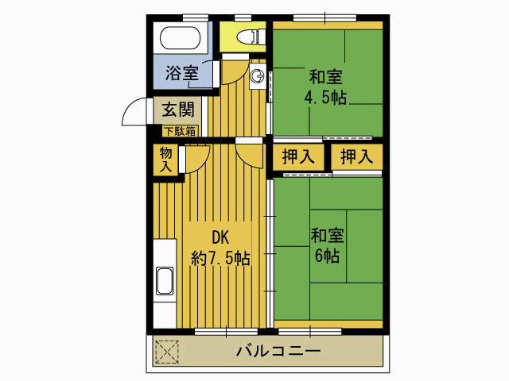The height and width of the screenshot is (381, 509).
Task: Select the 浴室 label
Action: tap(182, 74)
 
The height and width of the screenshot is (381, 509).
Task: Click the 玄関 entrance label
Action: tap(177, 110)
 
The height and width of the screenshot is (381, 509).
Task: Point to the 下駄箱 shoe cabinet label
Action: tap(180, 130)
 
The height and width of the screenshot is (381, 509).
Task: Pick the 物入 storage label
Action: tap(165, 160)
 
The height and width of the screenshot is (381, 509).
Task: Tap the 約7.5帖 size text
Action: tap(220, 258)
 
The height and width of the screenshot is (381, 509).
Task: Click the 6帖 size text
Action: tap(327, 256)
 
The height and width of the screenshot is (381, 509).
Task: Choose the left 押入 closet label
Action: tap(298, 157)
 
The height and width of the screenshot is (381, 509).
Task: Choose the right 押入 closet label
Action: tap(356, 157)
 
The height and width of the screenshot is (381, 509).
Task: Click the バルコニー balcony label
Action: tap(278, 351)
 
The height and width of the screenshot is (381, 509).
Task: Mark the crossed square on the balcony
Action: tap(168, 351)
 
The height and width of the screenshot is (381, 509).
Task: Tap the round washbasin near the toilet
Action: tap(257, 76)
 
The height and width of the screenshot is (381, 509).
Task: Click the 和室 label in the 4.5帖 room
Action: tap(326, 78)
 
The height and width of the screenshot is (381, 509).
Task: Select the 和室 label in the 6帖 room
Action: tap(327, 236)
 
